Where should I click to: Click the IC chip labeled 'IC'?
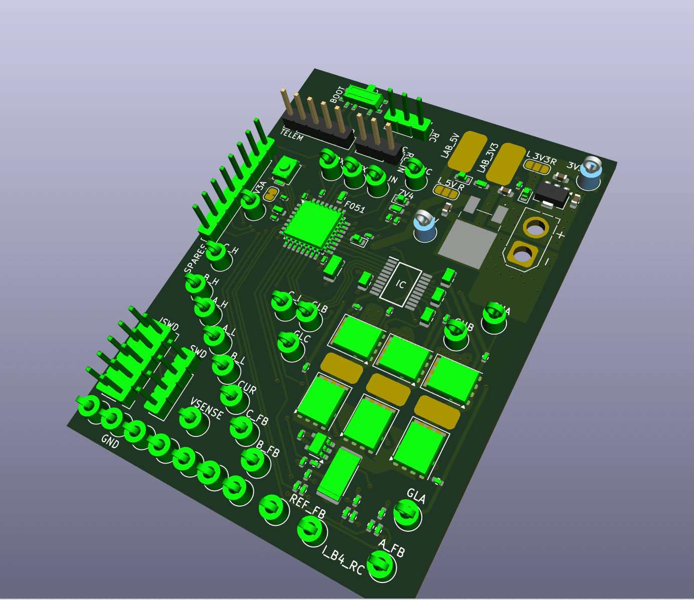[x=401, y=284]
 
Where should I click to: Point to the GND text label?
[x=110, y=441]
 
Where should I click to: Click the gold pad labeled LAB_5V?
[x=467, y=151]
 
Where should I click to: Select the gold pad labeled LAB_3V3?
[x=505, y=163]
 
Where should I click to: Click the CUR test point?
[x=233, y=397]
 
